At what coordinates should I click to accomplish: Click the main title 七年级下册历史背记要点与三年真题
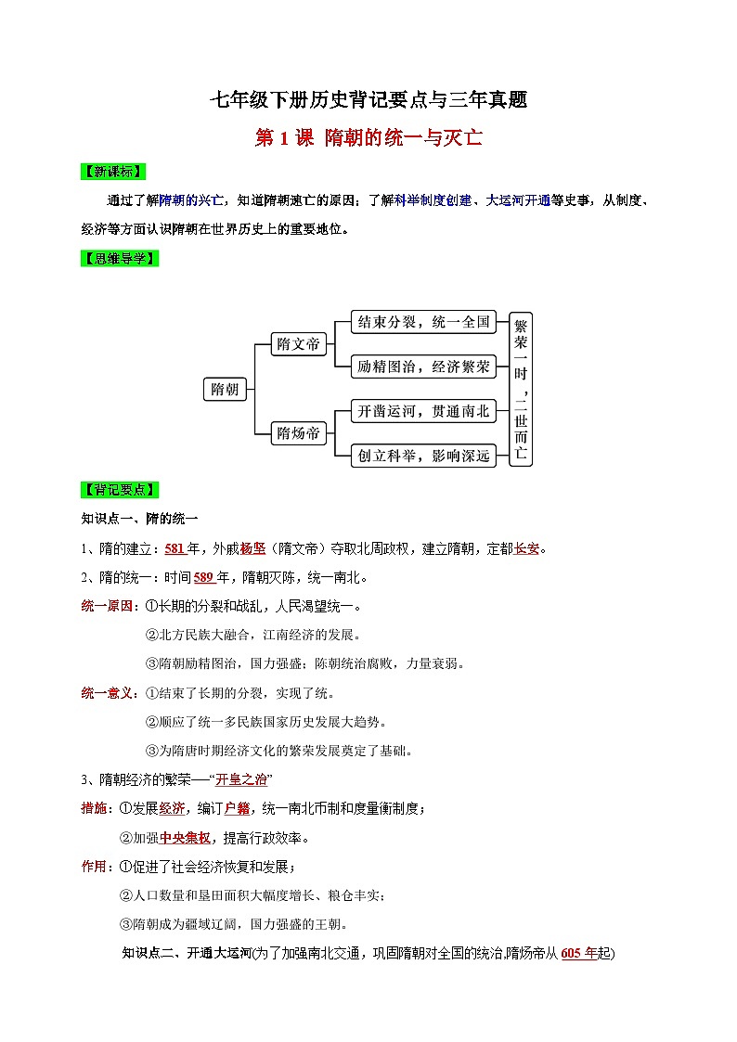(368, 99)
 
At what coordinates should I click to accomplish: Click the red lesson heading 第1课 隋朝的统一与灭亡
(368, 139)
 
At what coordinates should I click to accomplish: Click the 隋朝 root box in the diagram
(225, 390)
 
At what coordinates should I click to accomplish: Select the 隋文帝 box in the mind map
(299, 345)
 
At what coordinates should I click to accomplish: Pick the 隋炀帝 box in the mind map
(299, 433)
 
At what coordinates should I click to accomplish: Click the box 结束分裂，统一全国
(423, 323)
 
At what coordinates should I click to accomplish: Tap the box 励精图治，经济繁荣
(423, 367)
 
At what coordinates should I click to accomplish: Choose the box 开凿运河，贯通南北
(423, 411)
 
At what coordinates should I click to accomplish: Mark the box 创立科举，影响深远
(423, 455)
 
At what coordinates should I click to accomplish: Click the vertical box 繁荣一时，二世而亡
(521, 388)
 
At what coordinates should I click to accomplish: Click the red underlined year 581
(175, 548)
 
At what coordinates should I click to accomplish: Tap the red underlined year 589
(204, 578)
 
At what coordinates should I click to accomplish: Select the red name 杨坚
(252, 548)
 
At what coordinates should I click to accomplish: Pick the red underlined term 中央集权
(185, 838)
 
